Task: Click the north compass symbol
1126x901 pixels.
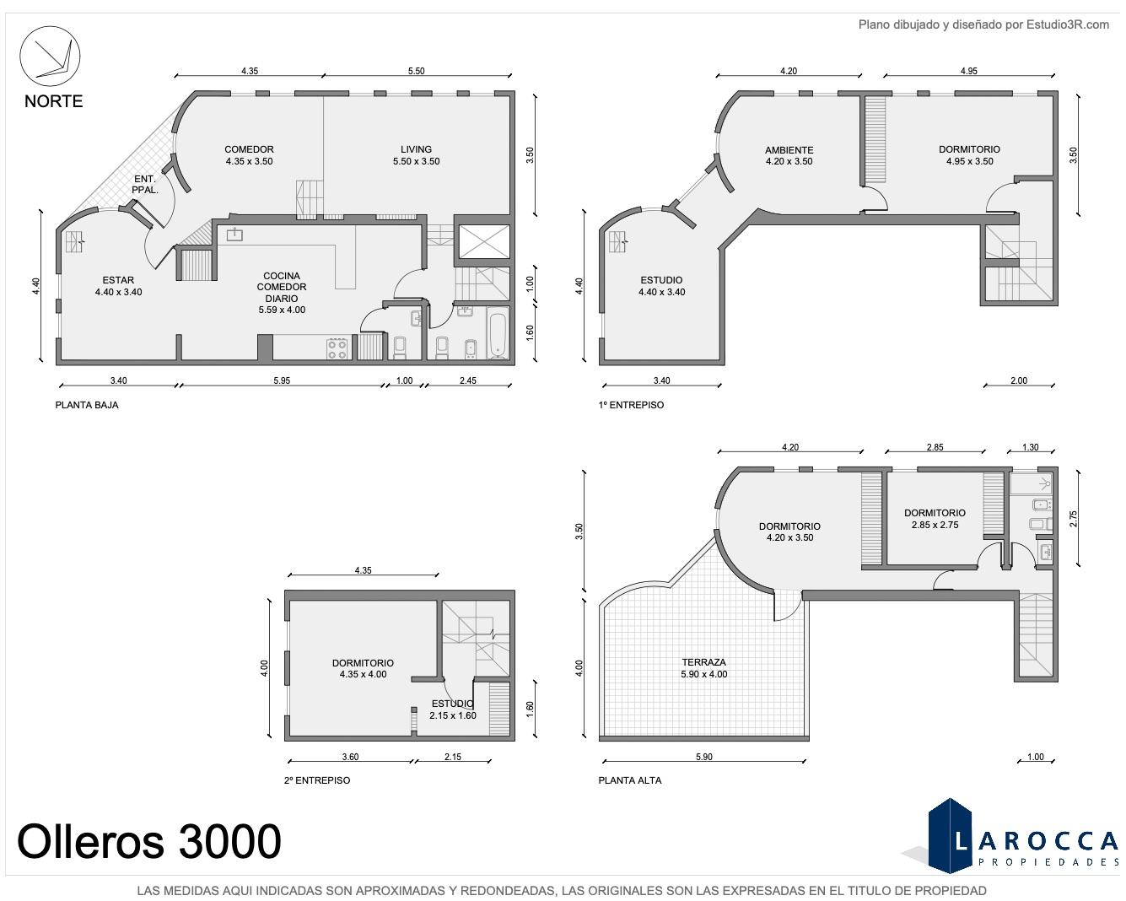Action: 50,56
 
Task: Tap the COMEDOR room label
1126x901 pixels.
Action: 249,149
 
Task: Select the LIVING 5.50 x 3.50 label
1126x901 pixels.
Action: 416,155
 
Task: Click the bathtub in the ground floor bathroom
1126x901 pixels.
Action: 498,333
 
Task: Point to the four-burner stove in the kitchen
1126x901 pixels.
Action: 337,348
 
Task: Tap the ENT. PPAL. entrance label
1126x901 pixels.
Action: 145,184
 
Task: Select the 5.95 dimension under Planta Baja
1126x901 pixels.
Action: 282,380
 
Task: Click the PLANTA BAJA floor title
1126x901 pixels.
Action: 87,405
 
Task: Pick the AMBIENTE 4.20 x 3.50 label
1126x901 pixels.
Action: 789,155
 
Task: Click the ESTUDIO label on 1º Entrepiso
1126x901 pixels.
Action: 661,280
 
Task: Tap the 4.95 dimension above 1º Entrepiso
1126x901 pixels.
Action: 968,71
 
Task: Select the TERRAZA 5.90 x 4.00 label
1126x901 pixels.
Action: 703,668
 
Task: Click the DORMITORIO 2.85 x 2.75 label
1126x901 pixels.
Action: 935,519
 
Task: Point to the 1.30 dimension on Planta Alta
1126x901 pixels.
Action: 1030,447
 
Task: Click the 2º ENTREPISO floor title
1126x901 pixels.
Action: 317,780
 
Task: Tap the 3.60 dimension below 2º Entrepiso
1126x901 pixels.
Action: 350,757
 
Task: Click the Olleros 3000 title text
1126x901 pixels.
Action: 149,841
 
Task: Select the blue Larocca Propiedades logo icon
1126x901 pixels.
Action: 950,835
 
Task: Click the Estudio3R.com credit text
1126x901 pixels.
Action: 983,24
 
